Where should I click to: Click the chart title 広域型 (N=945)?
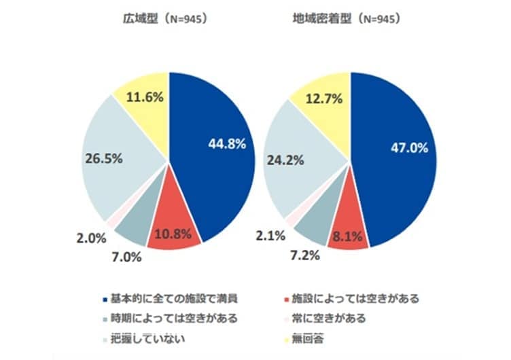point(160,19)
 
